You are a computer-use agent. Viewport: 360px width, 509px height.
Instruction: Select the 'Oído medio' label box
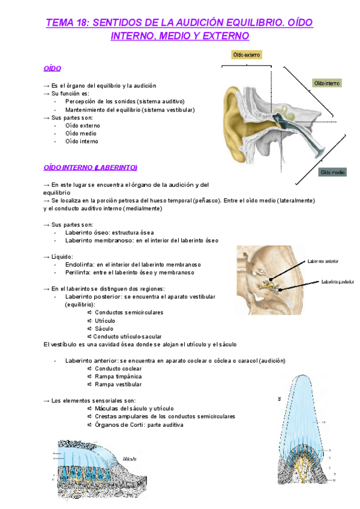[332, 172]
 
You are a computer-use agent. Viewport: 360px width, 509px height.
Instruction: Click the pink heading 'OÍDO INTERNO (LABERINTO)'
[91, 166]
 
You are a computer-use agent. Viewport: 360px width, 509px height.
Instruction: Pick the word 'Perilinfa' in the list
[77, 273]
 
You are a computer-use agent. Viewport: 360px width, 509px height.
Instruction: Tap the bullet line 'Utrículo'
[106, 321]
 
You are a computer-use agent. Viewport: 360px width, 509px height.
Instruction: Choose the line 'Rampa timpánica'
[118, 376]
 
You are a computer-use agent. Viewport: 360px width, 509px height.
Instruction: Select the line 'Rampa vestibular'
[118, 384]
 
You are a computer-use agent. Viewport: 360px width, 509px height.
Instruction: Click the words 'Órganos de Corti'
[118, 424]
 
